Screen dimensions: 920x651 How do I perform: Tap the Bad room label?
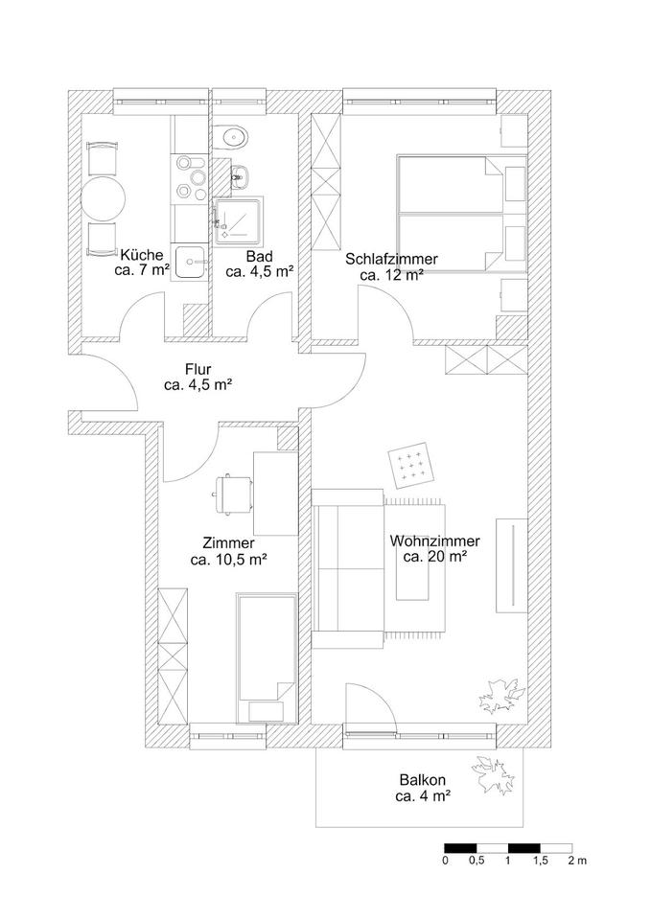click(x=259, y=256)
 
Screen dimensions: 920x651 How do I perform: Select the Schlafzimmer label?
click(x=392, y=259)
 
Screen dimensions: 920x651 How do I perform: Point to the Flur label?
click(x=198, y=369)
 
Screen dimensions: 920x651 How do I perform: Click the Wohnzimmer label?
click(x=435, y=540)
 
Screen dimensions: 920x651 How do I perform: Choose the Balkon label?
click(x=423, y=779)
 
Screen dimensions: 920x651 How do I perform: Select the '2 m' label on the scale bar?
click(x=576, y=861)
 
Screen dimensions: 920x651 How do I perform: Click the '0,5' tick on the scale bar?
click(x=477, y=861)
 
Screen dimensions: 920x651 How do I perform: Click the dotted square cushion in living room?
click(x=413, y=466)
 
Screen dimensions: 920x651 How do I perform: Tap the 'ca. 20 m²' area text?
click(x=435, y=556)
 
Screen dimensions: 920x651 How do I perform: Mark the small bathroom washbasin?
click(x=242, y=177)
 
